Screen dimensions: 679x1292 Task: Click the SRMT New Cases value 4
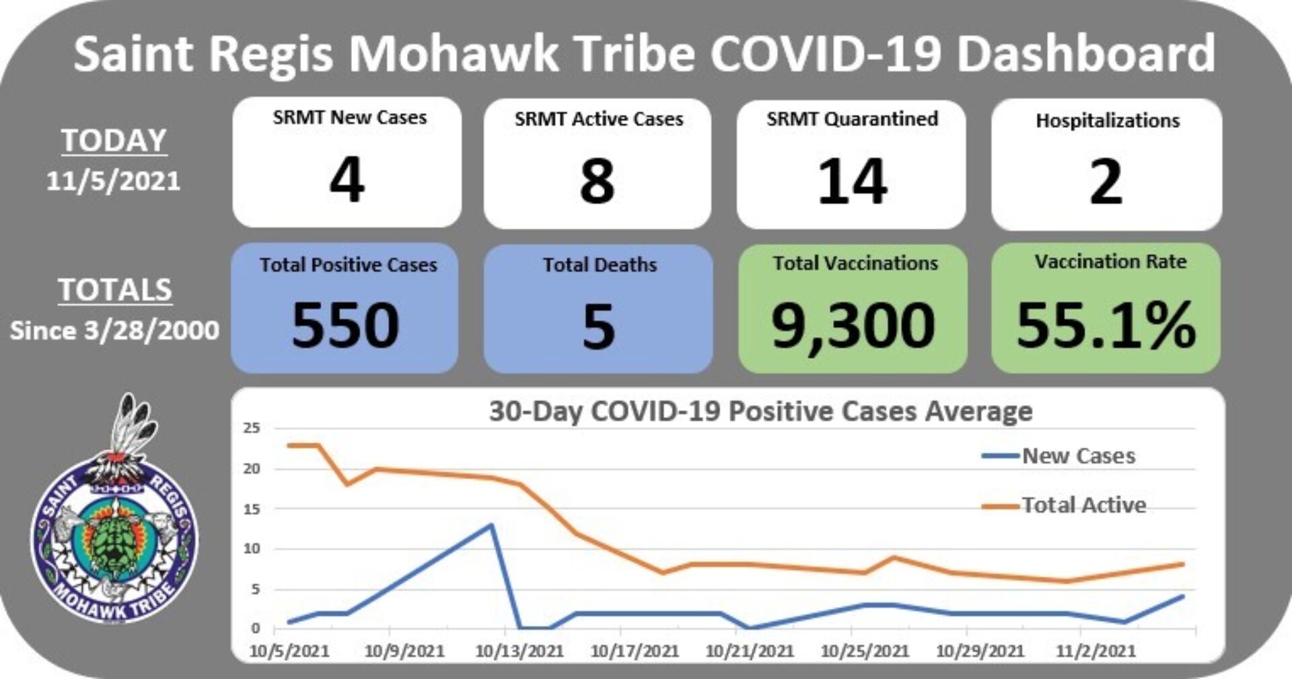[347, 180]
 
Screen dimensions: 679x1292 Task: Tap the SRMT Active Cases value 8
[598, 181]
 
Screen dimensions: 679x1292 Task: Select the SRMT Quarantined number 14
[852, 181]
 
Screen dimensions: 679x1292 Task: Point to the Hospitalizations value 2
[1106, 181]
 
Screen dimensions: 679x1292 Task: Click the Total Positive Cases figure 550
[345, 325]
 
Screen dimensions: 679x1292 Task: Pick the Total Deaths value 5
[598, 326]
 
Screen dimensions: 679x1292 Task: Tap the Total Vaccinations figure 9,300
[853, 325]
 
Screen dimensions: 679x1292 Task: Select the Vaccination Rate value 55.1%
[1106, 325]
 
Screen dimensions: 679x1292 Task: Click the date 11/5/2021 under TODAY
[113, 181]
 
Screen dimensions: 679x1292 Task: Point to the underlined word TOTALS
[115, 290]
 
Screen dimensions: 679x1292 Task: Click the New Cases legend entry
[1078, 456]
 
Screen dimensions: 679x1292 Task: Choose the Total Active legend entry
[1083, 505]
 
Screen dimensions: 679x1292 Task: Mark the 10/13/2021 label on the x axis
[519, 651]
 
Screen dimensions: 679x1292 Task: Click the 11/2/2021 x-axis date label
[1095, 651]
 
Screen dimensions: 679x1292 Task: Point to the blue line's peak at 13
[492, 525]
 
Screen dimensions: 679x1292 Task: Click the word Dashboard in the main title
[1086, 54]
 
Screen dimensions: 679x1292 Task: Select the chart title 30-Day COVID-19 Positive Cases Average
[760, 411]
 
